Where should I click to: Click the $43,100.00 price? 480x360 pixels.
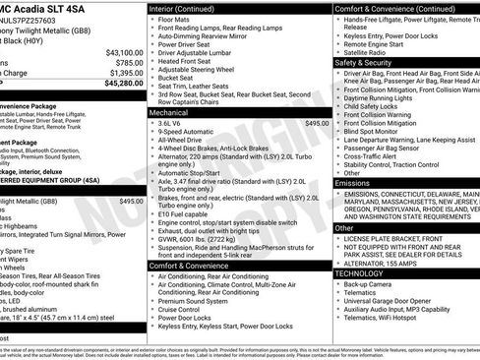[124, 52]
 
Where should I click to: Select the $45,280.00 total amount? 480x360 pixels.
[124, 84]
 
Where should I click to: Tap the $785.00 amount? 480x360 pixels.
[129, 62]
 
